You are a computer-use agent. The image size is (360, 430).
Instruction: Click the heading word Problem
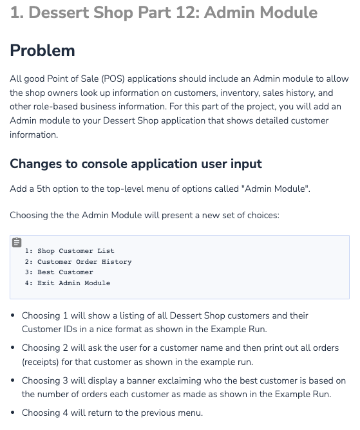pos(43,50)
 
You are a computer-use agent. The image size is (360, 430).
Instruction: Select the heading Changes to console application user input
pos(136,164)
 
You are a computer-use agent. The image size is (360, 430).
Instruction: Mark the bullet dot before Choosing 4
pos(14,413)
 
